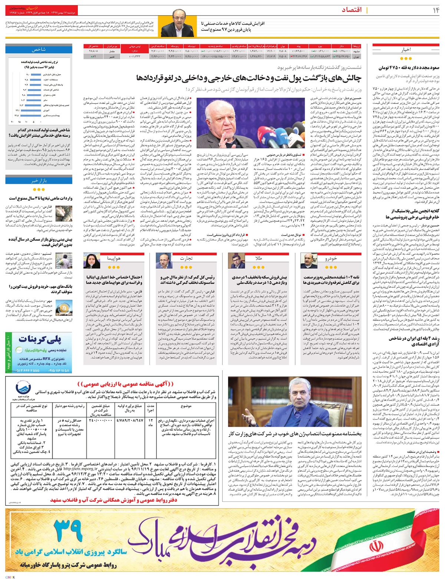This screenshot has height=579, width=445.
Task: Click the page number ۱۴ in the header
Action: (434, 10)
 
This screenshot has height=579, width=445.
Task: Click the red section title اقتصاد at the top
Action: (406, 10)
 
